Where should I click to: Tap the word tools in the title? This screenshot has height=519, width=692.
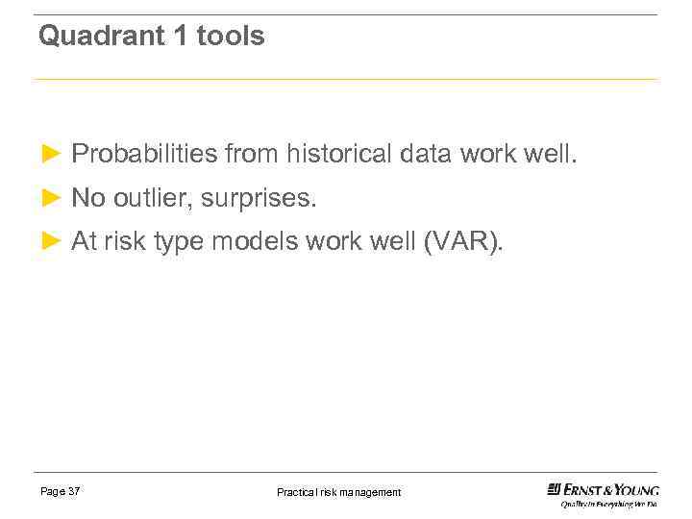point(230,37)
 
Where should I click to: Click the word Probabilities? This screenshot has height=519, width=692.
point(144,154)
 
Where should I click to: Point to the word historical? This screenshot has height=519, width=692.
point(339,154)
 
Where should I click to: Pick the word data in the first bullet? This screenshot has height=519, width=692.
point(427,154)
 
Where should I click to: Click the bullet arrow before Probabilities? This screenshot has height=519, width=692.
point(52,154)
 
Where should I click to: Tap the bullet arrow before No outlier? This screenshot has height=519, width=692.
point(52,198)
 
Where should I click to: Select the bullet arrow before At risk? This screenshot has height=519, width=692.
point(52,242)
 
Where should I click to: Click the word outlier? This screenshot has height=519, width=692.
point(153,198)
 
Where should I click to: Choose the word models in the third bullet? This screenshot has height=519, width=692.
point(255,242)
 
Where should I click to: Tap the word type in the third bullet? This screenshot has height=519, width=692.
point(178,243)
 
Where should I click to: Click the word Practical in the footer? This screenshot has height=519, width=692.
point(298,492)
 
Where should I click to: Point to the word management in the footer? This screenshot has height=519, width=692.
point(371,492)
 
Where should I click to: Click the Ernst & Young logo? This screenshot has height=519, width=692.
point(603,489)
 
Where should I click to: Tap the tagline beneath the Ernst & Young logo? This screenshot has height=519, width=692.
point(609,504)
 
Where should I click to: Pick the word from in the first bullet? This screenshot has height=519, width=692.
point(252,154)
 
